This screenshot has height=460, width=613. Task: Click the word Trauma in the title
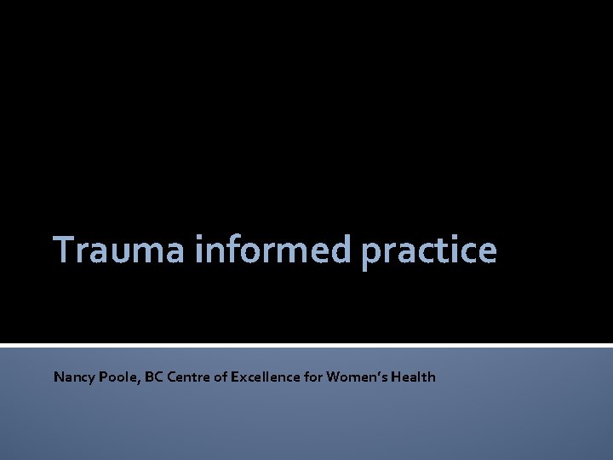click(x=120, y=250)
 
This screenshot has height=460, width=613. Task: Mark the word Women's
click(x=357, y=377)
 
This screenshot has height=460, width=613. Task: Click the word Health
click(x=414, y=377)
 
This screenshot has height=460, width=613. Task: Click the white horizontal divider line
click(x=306, y=345)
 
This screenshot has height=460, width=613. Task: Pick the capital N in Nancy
click(x=59, y=377)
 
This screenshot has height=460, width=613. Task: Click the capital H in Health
click(x=397, y=377)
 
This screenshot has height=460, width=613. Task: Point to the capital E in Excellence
click(x=235, y=377)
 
